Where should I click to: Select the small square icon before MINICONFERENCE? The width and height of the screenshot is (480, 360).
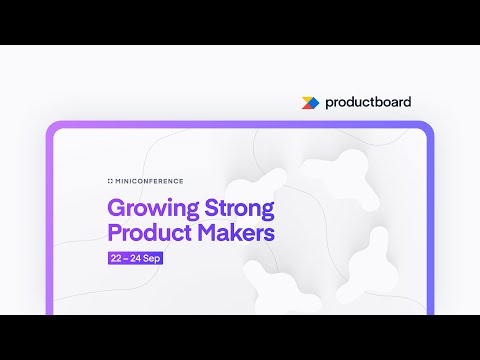110,181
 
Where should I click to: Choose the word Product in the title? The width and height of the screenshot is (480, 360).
148,234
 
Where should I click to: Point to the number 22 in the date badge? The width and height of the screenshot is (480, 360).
118,258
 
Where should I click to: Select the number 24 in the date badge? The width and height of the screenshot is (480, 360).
137,258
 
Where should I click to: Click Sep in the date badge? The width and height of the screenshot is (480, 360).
152,258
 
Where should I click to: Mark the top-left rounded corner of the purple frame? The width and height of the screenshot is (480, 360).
52,128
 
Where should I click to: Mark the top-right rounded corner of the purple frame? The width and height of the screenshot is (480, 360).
428,128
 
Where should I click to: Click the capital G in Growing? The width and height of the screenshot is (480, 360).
115,211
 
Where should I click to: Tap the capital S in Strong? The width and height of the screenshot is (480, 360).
212,211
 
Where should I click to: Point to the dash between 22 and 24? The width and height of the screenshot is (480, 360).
127,258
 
